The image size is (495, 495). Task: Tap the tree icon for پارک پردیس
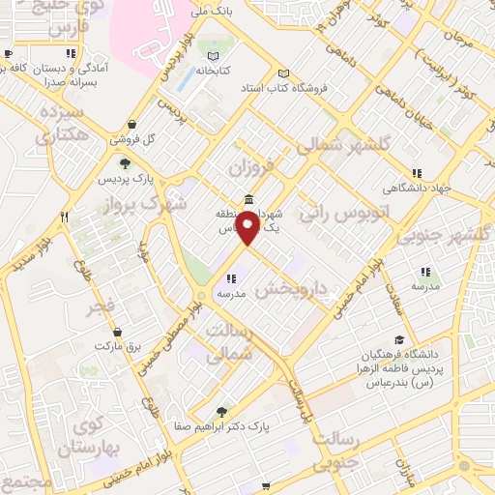125,163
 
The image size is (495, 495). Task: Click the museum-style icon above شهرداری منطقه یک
249,200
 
